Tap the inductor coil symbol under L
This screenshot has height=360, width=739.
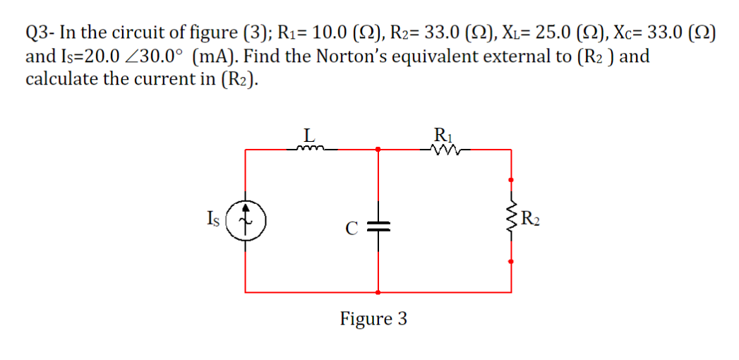tap(311, 148)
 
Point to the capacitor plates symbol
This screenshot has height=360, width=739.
tap(378, 227)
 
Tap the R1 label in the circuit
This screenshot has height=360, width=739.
tap(443, 133)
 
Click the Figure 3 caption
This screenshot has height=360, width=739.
tap(373, 318)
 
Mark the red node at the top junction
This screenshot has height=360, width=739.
tap(378, 149)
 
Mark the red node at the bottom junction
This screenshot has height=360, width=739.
tap(378, 291)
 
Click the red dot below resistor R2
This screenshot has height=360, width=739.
tap(512, 261)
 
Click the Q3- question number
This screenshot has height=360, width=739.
tap(41, 32)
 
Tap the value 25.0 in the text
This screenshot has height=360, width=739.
tap(543, 32)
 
